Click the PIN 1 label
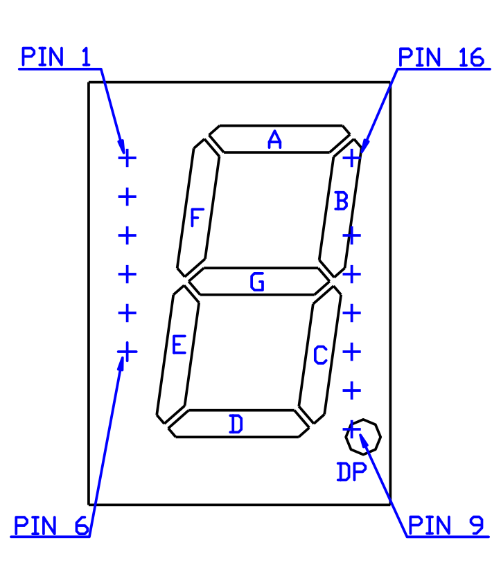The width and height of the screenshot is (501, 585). click(55, 57)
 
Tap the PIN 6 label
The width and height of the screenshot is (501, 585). click(51, 525)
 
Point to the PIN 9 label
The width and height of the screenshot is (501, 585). click(446, 525)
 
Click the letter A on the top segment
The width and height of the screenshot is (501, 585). click(275, 140)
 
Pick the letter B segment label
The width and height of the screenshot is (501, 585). click(341, 201)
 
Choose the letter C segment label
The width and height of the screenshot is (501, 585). click(320, 354)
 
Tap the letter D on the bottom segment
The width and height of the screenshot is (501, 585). click(236, 424)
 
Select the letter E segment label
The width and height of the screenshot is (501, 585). click(179, 344)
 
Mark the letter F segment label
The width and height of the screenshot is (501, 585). click(197, 217)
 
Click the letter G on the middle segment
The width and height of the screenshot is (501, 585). click(257, 281)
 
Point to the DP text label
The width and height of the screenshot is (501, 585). click(352, 471)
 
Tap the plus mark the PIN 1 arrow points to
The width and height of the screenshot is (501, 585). click(128, 158)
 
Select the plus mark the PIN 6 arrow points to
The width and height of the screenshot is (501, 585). click(128, 352)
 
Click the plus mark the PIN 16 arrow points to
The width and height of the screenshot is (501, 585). click(352, 158)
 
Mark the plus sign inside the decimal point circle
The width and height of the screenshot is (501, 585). click(352, 430)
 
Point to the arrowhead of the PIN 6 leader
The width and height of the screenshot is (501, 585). click(121, 363)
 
